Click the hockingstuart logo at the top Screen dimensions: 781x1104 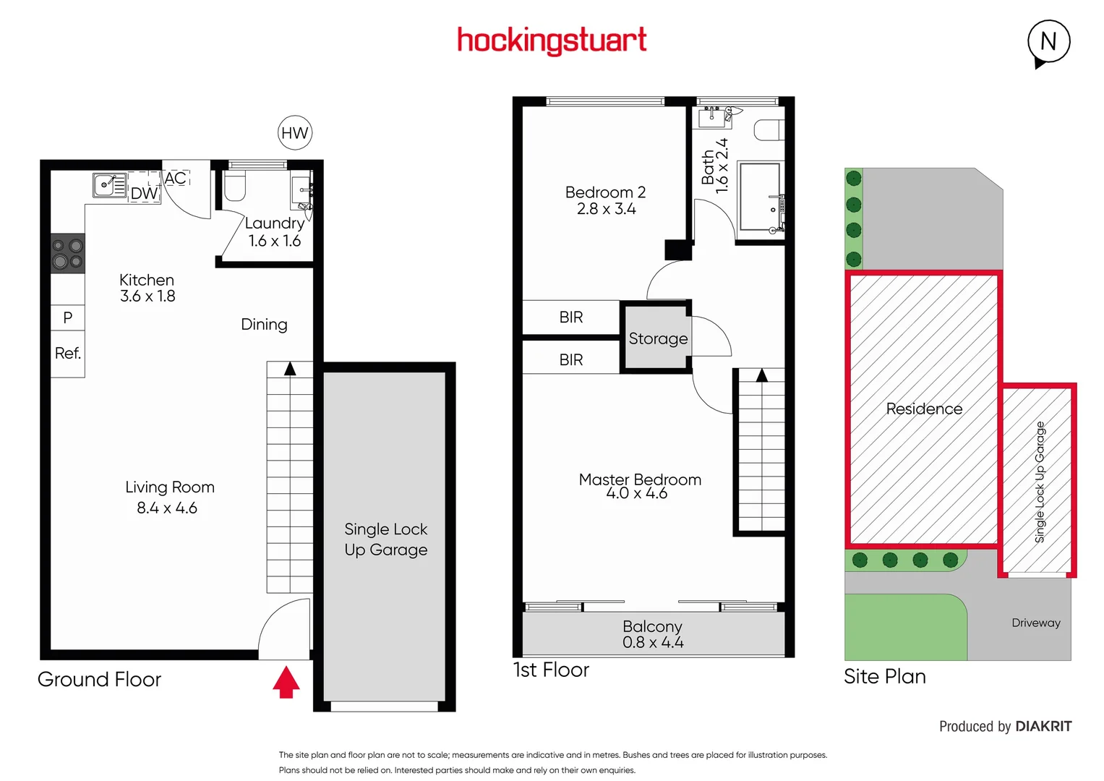coord(552,40)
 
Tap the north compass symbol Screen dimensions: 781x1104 coord(1048,42)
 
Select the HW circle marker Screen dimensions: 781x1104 coord(294,133)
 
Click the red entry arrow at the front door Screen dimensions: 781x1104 coord(286,682)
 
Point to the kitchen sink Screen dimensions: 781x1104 coord(109,185)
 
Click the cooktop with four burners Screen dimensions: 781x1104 coord(68,254)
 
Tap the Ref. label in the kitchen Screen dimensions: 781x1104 coord(68,354)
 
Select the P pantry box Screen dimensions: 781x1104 coord(68,317)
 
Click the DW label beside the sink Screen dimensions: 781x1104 coord(144,194)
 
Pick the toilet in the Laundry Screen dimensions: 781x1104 coord(235,186)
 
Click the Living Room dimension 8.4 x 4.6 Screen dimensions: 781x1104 coord(167,508)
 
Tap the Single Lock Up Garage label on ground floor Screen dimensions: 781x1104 coord(385,539)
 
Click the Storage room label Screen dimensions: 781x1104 coord(658,338)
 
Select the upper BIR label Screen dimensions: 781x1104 coord(570,317)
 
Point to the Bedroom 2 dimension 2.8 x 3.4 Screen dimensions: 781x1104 coord(606,209)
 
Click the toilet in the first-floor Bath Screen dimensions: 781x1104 coord(769,130)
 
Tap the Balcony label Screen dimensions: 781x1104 coord(652,626)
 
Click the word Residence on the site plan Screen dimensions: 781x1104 coord(924,409)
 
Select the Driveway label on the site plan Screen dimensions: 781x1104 coord(1035,623)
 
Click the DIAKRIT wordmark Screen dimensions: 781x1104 coord(1043,726)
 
